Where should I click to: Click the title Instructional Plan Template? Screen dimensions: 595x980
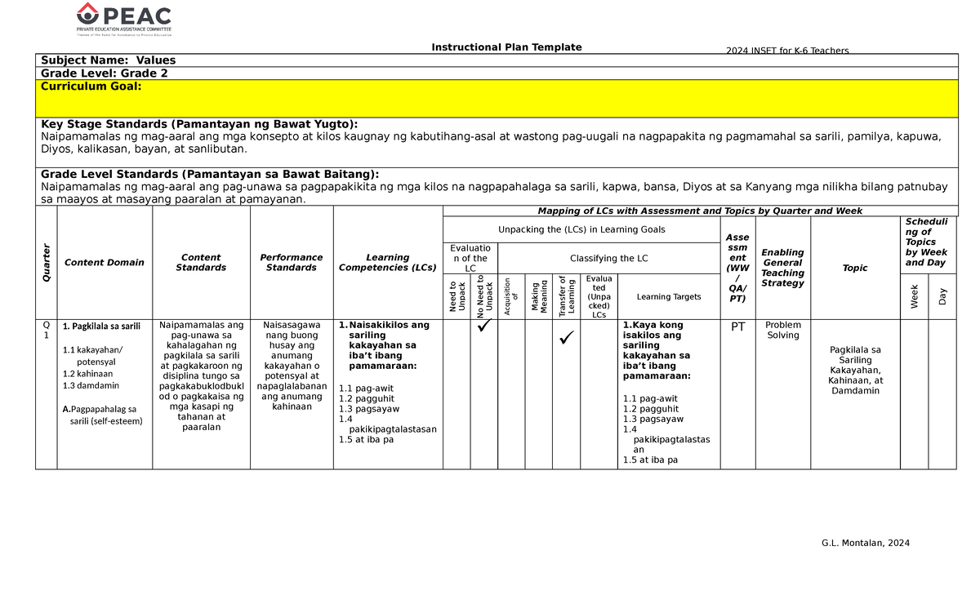point(506,47)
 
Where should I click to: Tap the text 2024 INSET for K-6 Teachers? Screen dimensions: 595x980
point(787,51)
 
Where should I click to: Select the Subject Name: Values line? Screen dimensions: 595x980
point(109,60)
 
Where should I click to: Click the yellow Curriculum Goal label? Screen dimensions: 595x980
point(91,87)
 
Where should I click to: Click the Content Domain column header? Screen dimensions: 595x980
point(105,263)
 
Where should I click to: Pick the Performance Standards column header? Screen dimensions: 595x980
point(292,263)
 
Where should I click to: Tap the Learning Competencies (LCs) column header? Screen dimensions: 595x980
point(388,263)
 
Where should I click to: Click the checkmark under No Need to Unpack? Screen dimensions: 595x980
point(483,328)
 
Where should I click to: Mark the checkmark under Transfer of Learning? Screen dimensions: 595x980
point(566,335)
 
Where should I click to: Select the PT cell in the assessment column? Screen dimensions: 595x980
point(737,327)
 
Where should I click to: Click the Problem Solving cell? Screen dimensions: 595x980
point(783,331)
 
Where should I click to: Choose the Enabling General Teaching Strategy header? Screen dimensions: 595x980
point(783,268)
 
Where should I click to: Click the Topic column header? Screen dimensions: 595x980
point(855,268)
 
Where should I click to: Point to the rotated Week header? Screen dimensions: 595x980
point(914,298)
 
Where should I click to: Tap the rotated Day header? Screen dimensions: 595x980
point(942,298)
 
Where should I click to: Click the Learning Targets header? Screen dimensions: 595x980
point(669,297)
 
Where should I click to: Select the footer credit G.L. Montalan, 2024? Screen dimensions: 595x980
point(866,544)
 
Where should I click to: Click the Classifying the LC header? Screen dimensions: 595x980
point(608,259)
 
